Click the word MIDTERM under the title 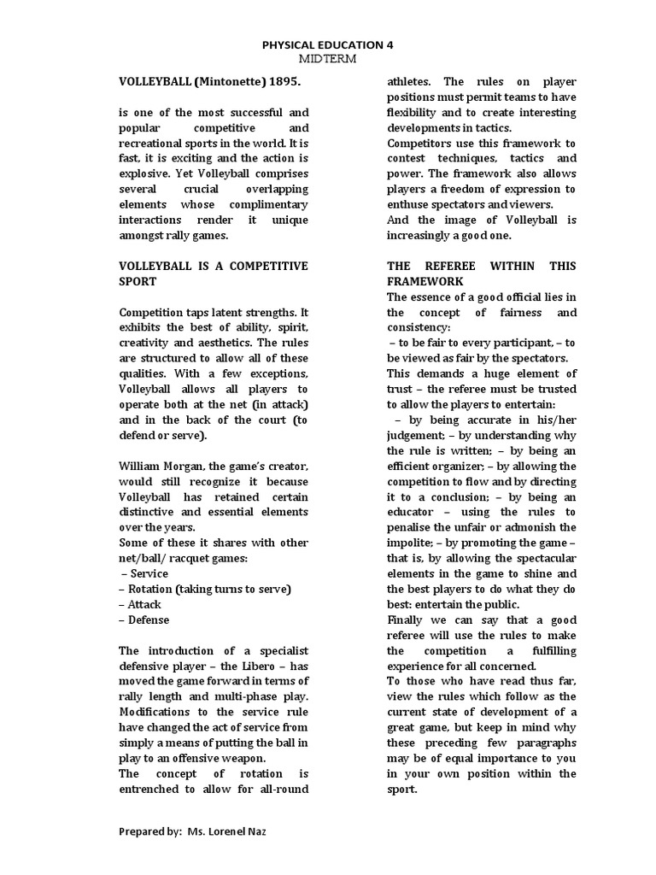[327, 58]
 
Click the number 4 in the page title [390, 44]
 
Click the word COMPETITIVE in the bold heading [262, 267]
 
